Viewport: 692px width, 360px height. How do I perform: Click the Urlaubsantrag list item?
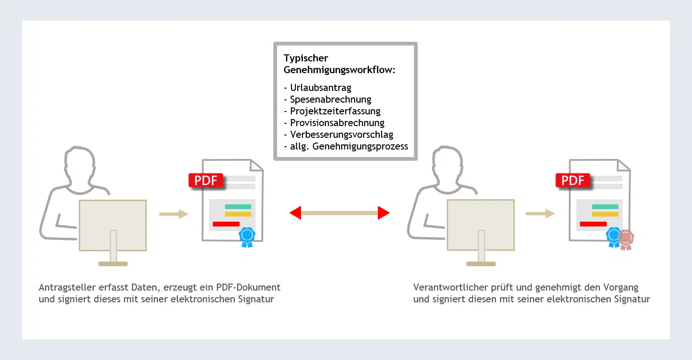click(x=320, y=88)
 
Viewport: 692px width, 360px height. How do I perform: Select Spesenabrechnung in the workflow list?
click(x=331, y=99)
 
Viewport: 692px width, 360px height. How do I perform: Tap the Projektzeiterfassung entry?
click(x=335, y=111)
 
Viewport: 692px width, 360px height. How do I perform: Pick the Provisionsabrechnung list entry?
click(x=337, y=123)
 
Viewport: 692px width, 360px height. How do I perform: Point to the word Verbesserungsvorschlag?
click(x=341, y=135)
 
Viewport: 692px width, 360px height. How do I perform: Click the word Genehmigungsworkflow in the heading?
click(x=340, y=70)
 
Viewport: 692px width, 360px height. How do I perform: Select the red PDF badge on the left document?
click(x=206, y=180)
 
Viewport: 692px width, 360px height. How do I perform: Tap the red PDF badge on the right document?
click(x=573, y=180)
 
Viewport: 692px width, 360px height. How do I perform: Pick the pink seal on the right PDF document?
click(x=626, y=239)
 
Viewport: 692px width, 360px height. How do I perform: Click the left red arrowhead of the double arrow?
click(x=295, y=213)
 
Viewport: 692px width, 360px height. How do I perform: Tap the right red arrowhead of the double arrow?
click(x=384, y=213)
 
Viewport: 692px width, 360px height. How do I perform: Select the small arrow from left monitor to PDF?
click(x=173, y=214)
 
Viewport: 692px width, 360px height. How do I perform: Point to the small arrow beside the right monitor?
click(x=540, y=214)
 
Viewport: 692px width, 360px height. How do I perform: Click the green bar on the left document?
click(x=238, y=207)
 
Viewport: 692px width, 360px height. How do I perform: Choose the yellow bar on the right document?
click(x=605, y=214)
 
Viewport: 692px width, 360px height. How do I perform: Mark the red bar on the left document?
click(x=226, y=224)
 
